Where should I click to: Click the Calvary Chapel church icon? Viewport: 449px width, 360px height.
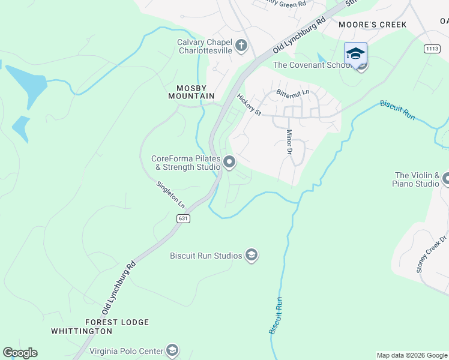click(241, 46)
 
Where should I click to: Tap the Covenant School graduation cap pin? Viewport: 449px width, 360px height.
click(355, 54)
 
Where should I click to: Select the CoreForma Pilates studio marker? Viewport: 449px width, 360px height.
click(229, 162)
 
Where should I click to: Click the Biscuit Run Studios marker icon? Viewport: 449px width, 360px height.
click(252, 256)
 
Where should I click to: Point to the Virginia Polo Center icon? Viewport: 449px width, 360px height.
click(172, 350)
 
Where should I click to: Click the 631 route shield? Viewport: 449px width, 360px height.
click(184, 218)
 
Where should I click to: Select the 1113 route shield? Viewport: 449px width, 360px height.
click(431, 49)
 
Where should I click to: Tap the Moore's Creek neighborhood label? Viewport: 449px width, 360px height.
click(372, 25)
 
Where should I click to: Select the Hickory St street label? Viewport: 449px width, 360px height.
click(249, 105)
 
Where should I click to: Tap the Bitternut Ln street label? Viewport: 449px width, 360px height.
click(292, 93)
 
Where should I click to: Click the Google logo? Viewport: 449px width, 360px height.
click(20, 353)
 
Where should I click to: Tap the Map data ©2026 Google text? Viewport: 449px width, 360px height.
click(412, 355)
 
